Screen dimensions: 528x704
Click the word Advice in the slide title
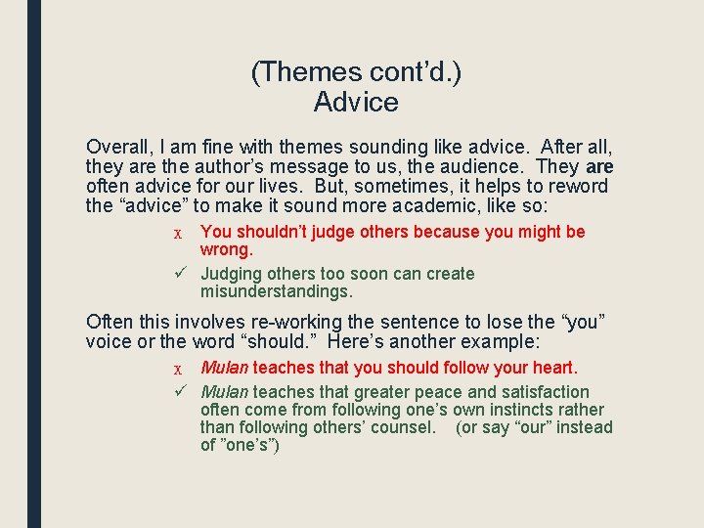(356, 102)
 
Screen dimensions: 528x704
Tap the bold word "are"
(599, 166)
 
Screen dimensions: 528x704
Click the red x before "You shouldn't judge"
(177, 233)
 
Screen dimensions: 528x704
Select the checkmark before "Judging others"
(180, 274)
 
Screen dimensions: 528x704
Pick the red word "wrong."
(227, 249)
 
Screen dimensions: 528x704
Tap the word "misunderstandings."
(277, 291)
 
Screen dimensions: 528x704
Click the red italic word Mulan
(225, 368)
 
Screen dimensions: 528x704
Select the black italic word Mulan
(225, 392)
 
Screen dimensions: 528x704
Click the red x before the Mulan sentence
(177, 369)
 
